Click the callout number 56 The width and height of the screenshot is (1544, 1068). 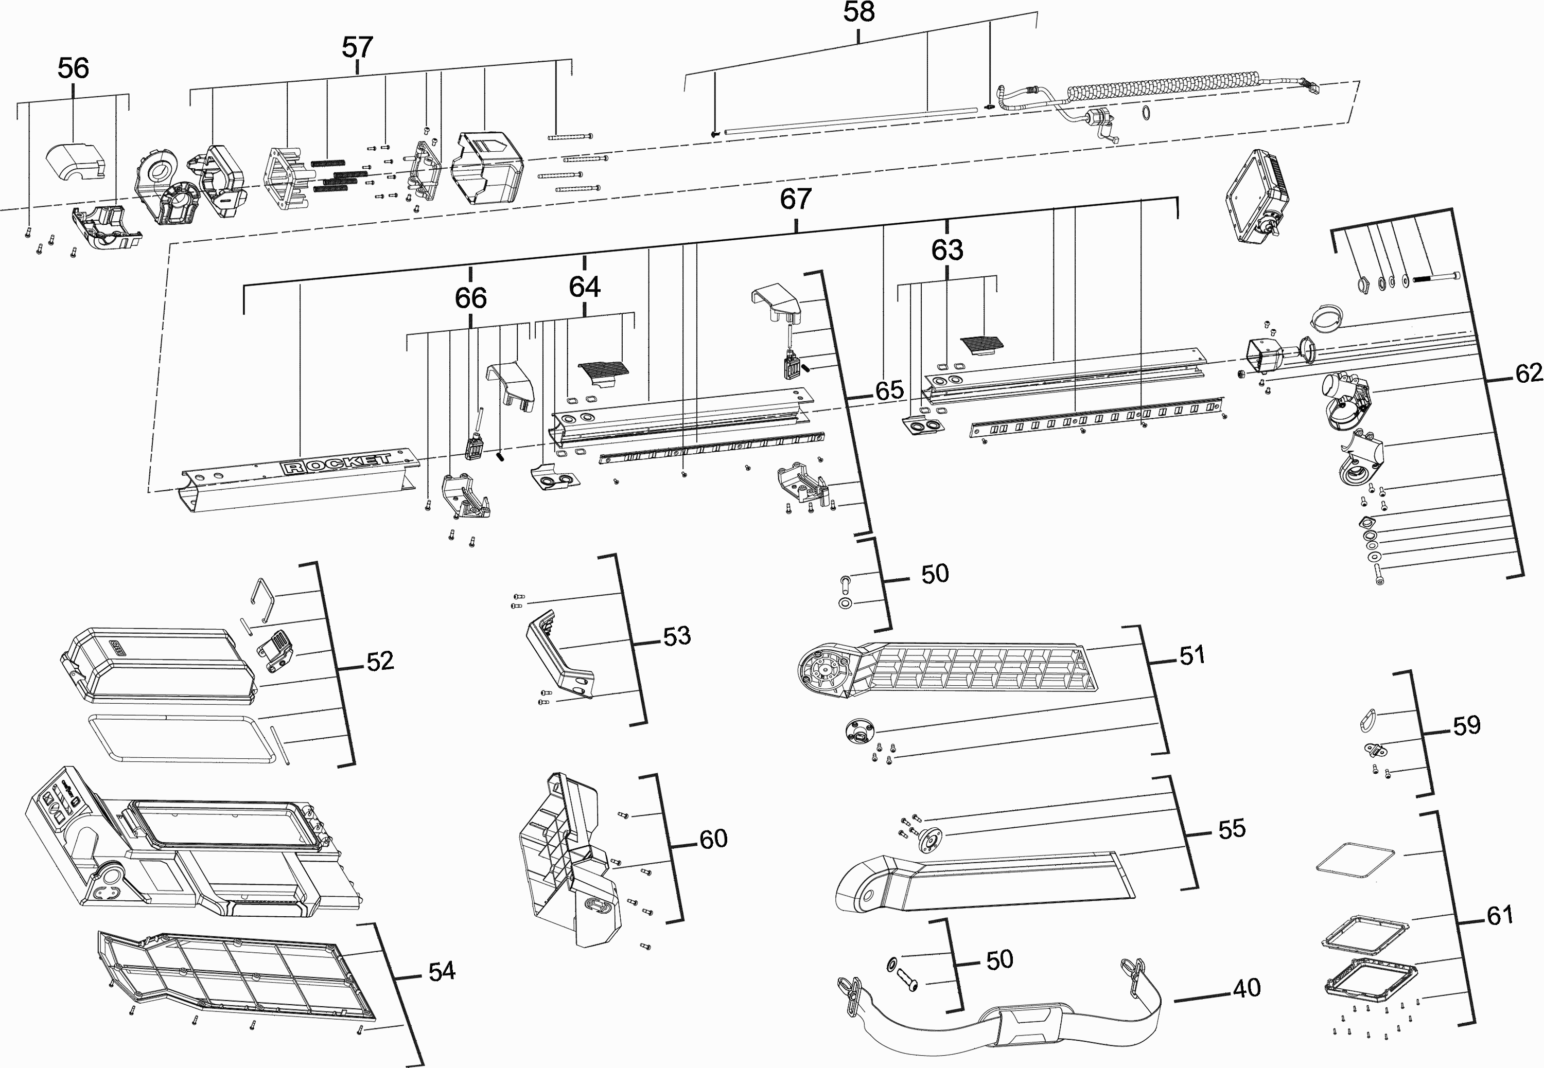[74, 68]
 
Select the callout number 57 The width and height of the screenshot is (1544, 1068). [357, 47]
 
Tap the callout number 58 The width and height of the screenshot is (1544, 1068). [858, 12]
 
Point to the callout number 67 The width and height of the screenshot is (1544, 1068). [795, 199]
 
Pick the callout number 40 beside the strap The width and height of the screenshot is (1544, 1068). [1246, 988]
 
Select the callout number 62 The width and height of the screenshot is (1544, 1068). [1529, 373]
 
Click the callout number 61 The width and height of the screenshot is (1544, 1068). [1500, 915]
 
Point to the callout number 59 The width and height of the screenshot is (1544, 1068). [1466, 725]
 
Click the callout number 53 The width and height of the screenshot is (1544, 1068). [677, 636]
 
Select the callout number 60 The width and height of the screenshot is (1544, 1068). [713, 839]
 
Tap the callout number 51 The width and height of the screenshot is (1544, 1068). [1192, 656]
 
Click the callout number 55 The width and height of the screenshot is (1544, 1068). [1232, 829]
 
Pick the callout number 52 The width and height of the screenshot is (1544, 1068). [379, 661]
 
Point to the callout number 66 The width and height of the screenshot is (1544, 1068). [470, 298]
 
